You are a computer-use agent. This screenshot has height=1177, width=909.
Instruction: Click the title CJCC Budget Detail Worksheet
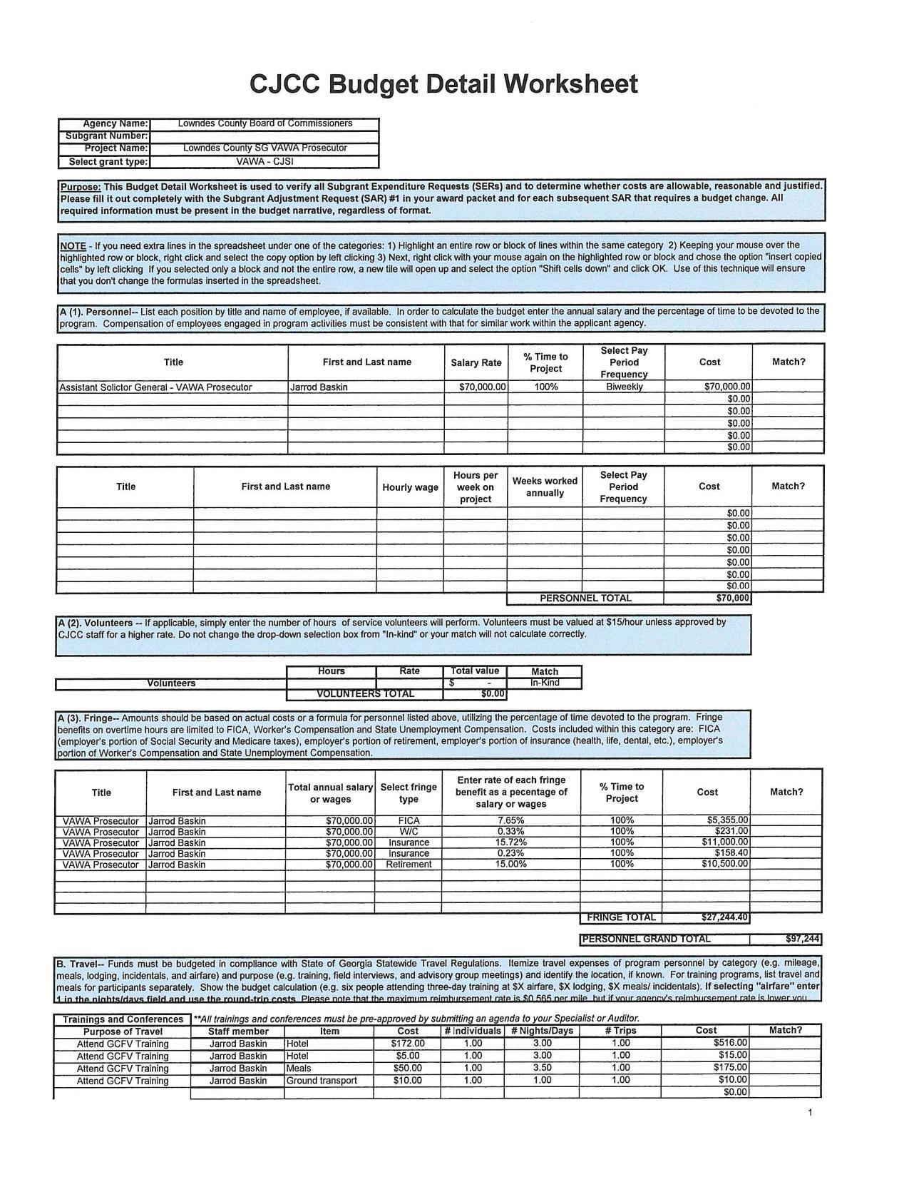[x=443, y=84]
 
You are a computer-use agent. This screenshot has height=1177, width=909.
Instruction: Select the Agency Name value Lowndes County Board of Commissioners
[x=265, y=123]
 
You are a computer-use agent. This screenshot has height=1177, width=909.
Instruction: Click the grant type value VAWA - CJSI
[x=265, y=161]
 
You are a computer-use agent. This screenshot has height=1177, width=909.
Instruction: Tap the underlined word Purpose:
[x=81, y=186]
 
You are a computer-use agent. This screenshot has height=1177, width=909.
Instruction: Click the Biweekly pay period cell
[x=624, y=387]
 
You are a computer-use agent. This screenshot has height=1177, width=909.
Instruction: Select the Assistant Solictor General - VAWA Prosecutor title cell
[x=155, y=387]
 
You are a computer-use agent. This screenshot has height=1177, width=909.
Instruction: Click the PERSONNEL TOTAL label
[x=585, y=598]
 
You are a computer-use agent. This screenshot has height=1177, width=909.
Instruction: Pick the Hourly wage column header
[x=410, y=487]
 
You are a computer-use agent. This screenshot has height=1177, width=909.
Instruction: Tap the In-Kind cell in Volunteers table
[x=545, y=683]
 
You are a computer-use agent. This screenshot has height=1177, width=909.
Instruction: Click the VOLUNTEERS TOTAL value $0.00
[x=493, y=693]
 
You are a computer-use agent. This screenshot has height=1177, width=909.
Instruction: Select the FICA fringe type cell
[x=409, y=821]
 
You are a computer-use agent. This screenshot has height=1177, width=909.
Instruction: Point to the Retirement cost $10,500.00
[x=724, y=864]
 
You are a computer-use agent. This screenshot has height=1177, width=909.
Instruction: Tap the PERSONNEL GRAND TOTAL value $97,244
[x=802, y=939]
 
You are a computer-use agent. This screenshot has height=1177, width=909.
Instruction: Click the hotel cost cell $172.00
[x=409, y=1044]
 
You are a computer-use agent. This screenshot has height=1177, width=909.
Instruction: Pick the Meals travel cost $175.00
[x=730, y=1068]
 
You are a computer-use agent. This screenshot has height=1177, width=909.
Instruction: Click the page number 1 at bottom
[x=811, y=1113]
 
